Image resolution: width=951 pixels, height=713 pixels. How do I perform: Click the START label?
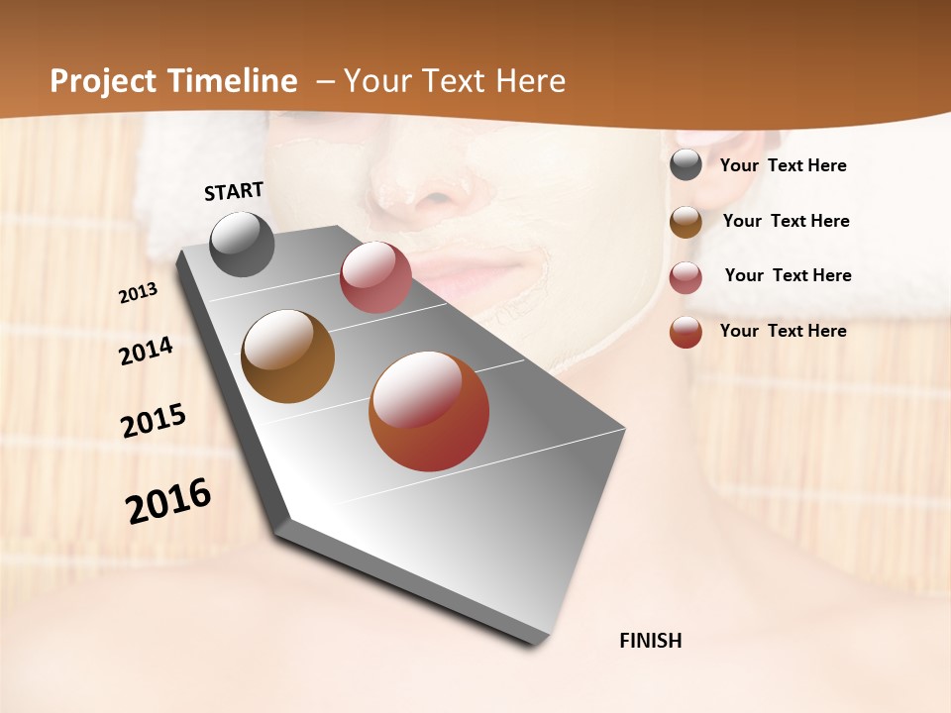pyautogui.click(x=234, y=190)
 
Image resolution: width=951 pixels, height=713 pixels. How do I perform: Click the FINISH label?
pyautogui.click(x=650, y=641)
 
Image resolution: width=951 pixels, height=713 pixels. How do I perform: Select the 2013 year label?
pyautogui.click(x=139, y=293)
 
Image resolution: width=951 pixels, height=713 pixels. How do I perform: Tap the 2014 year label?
pyautogui.click(x=147, y=351)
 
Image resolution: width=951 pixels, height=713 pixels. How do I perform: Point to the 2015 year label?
pyautogui.click(x=154, y=421)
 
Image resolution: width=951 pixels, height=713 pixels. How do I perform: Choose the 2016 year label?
pyautogui.click(x=168, y=500)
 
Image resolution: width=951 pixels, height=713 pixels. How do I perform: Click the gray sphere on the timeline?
pyautogui.click(x=242, y=244)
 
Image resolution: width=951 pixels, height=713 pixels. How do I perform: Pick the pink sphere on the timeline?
pyautogui.click(x=375, y=277)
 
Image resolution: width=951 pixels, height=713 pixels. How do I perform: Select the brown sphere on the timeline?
pyautogui.click(x=287, y=356)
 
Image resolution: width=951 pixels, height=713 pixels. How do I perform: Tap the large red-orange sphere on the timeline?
pyautogui.click(x=429, y=411)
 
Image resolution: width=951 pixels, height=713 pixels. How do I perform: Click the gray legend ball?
pyautogui.click(x=686, y=165)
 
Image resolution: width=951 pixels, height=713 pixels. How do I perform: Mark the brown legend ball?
pyautogui.click(x=686, y=222)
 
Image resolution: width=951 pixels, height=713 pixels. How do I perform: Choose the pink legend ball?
pyautogui.click(x=686, y=277)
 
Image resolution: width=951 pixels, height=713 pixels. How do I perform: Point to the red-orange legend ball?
pyautogui.click(x=686, y=332)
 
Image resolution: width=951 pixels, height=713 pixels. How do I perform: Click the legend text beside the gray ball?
pyautogui.click(x=783, y=166)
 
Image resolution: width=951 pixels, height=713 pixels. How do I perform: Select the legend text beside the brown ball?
pyautogui.click(x=786, y=221)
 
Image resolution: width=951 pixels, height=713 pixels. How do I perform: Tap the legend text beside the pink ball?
pyautogui.click(x=788, y=275)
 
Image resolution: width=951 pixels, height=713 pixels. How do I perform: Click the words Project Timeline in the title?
pyautogui.click(x=173, y=81)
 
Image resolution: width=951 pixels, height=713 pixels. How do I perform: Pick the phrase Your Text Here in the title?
pyautogui.click(x=455, y=81)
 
